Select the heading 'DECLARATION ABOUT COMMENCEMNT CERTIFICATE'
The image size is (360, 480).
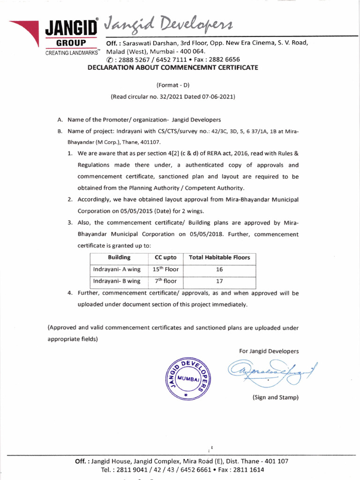173,67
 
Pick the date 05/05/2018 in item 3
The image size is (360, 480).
206,234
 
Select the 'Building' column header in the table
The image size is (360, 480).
119,257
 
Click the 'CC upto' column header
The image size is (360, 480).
165,257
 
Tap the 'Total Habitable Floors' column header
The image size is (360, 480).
219,257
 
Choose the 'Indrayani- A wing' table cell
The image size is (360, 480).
117,270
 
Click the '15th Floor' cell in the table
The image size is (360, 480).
165,270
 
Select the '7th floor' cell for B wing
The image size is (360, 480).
165,281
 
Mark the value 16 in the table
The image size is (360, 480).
219,270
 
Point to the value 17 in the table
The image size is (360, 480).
219,281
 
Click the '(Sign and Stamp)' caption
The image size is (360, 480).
275,397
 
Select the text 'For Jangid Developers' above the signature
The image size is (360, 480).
269,351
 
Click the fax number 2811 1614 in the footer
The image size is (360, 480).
246,469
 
